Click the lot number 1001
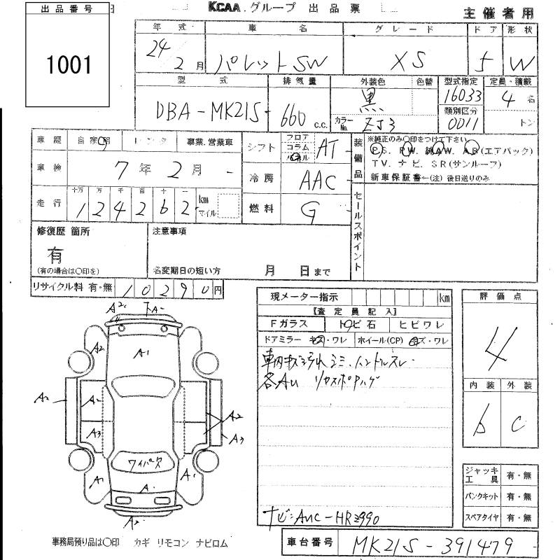[69, 65]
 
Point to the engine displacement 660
[296, 112]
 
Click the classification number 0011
[460, 124]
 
